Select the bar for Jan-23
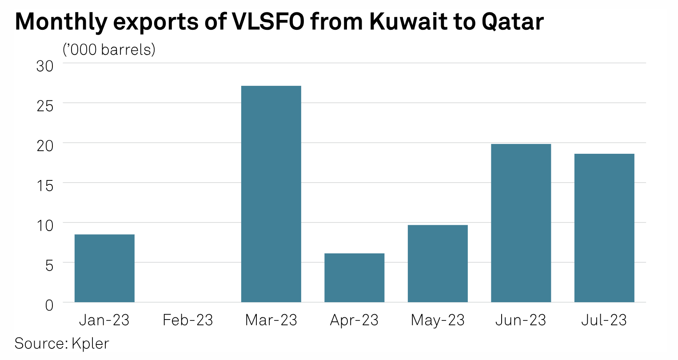tap(104, 268)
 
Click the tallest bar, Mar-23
tap(271, 194)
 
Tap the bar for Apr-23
tap(354, 277)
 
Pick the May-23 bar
tap(438, 264)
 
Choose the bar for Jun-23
tap(521, 223)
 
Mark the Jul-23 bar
tap(604, 228)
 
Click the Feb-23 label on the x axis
tap(188, 320)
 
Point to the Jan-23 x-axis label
tap(104, 320)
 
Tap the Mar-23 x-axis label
tap(271, 320)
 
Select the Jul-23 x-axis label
tap(604, 320)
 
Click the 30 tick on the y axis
tap(44, 66)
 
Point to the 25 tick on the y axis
tap(44, 106)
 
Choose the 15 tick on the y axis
tap(44, 185)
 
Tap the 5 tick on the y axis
tap(49, 265)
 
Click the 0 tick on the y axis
tap(49, 305)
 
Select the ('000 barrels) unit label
tap(109, 49)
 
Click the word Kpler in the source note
tap(90, 343)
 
